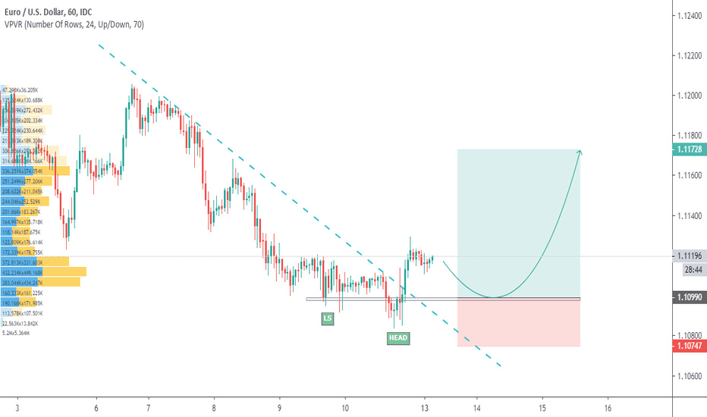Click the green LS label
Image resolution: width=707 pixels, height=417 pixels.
coord(328,319)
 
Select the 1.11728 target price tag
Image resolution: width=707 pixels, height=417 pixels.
coord(688,150)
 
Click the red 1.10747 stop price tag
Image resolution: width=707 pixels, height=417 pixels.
coord(688,346)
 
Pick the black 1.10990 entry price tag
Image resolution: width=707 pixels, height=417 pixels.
coord(688,299)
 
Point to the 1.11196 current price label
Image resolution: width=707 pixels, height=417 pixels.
coord(688,256)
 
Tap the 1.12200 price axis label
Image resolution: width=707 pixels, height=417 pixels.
coord(688,55)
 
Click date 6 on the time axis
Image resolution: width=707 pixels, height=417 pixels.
coord(97,407)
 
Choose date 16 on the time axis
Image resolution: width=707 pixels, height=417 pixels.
coord(608,407)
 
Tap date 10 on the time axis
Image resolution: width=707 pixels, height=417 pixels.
coord(345,407)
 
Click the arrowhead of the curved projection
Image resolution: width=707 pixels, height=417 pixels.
coord(580,153)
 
